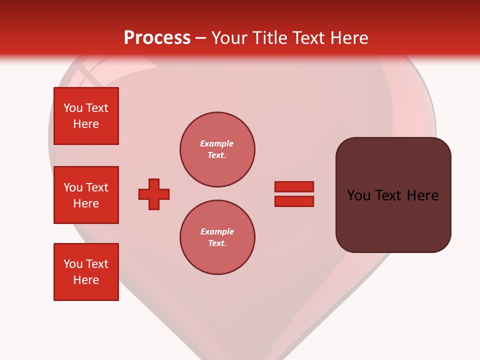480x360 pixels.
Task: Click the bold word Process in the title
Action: [157, 38]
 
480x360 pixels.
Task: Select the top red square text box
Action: [86, 116]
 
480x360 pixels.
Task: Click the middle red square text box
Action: [86, 195]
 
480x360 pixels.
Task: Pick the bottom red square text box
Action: [86, 272]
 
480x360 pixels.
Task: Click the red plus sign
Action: [154, 194]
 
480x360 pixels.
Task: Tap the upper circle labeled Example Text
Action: [217, 149]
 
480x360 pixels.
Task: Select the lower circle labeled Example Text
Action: [217, 237]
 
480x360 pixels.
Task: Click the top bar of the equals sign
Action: [294, 186]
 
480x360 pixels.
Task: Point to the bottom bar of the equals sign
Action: [294, 201]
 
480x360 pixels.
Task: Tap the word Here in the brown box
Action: [423, 195]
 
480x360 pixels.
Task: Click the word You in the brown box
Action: [359, 195]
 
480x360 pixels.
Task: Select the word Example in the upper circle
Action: [217, 143]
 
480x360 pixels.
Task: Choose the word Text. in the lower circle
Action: [217, 243]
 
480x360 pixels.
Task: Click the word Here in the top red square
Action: [86, 124]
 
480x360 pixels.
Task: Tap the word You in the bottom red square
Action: [73, 264]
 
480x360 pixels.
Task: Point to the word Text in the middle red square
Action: [97, 187]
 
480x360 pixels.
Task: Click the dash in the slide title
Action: [200, 38]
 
